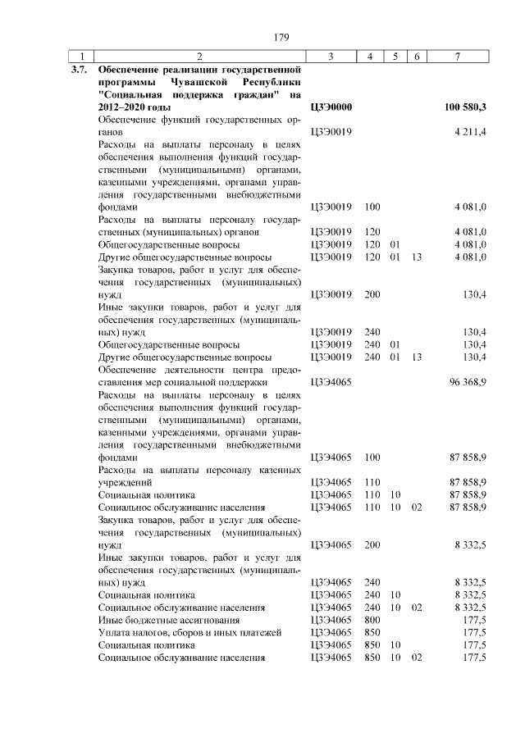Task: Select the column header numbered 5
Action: [395, 56]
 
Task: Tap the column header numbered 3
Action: [330, 56]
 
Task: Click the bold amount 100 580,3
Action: [465, 107]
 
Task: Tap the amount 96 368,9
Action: [468, 382]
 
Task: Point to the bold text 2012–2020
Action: [121, 107]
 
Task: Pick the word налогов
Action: [162, 633]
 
